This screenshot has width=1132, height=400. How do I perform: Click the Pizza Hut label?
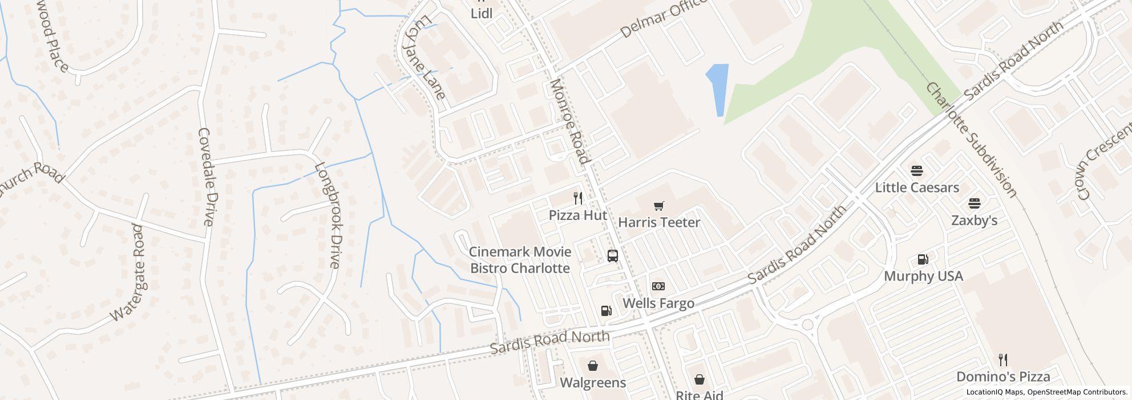(577, 215)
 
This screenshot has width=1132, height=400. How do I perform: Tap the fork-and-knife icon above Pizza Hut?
(578, 198)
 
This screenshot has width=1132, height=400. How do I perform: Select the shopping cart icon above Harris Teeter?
(659, 206)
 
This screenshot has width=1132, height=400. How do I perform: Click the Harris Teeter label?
(659, 222)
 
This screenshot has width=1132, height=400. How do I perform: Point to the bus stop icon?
(613, 255)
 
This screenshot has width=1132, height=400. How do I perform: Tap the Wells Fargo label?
(658, 303)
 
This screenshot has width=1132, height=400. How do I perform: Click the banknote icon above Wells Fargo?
(658, 286)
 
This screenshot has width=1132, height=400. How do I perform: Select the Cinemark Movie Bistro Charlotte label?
(520, 260)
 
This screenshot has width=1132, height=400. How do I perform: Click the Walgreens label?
(593, 382)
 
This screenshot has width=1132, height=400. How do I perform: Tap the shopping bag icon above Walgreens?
(593, 366)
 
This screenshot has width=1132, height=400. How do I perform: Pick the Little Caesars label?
(917, 187)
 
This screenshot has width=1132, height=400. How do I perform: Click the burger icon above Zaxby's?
(974, 203)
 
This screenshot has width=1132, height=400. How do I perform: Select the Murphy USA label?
(923, 277)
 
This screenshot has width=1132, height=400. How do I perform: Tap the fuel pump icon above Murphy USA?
(923, 259)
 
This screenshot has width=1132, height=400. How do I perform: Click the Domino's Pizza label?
(1003, 377)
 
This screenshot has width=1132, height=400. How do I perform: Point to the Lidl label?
(482, 13)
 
